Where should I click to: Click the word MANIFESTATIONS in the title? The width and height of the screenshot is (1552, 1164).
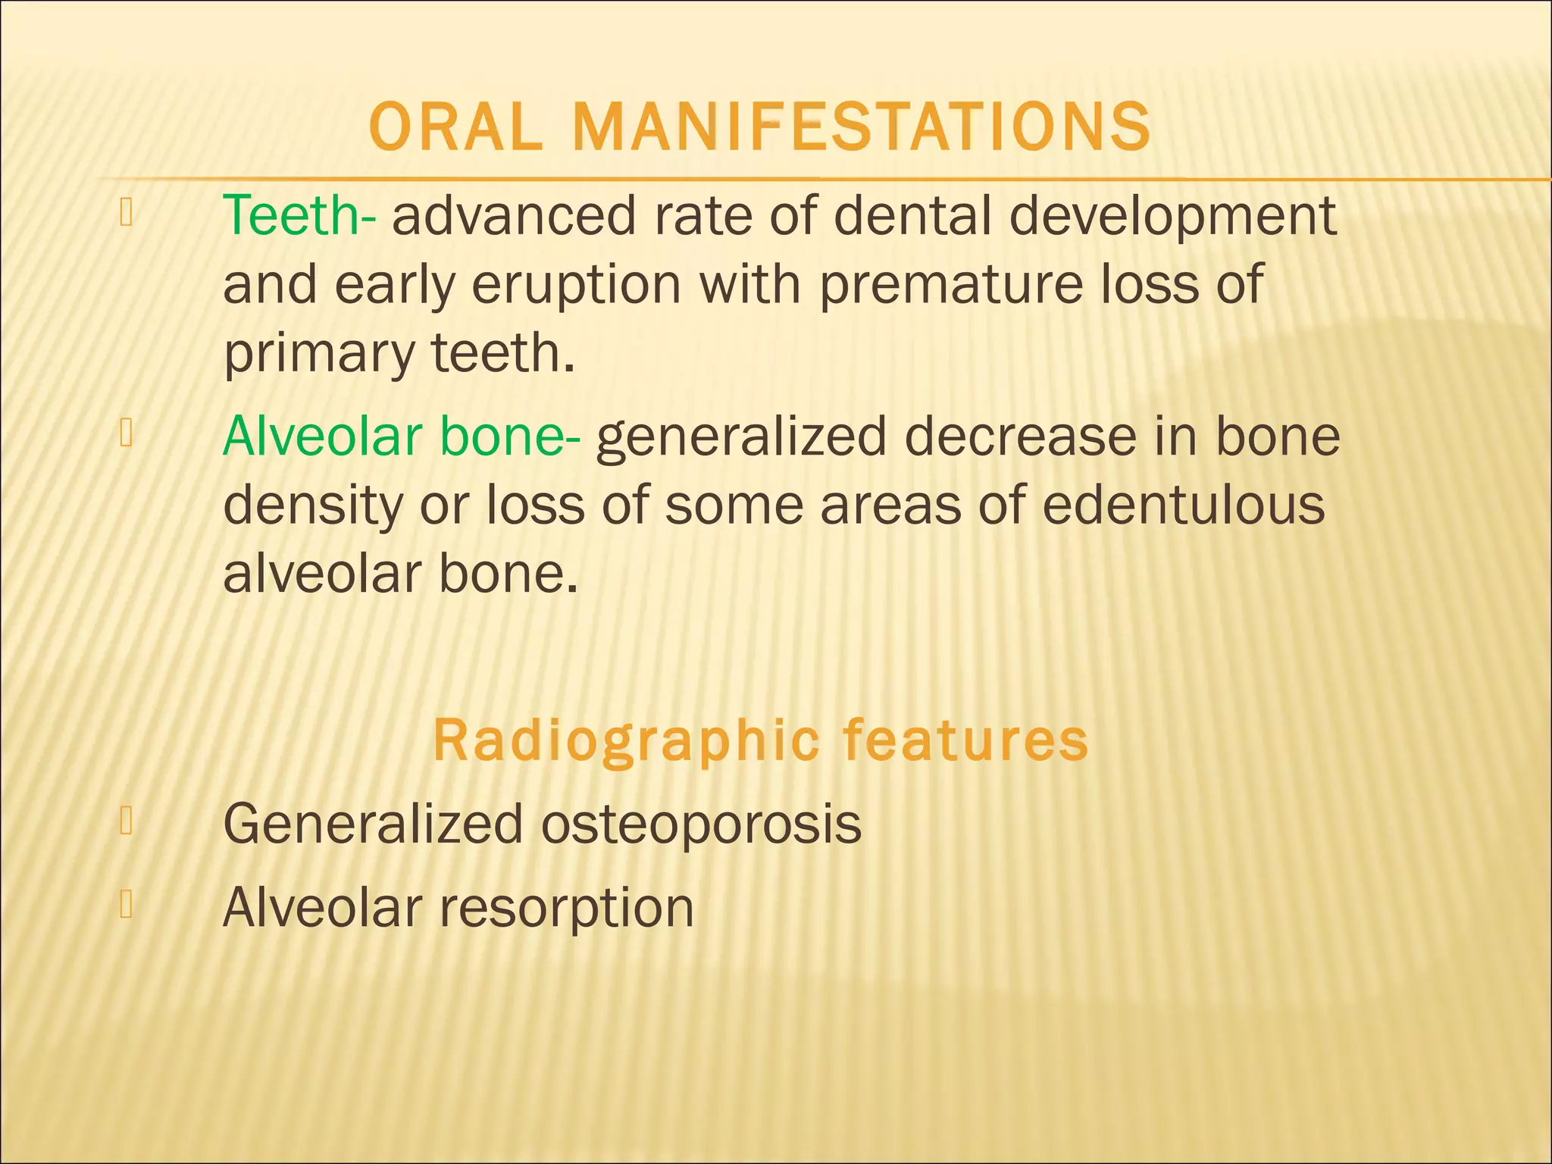(862, 127)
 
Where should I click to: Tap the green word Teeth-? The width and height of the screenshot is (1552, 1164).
(299, 216)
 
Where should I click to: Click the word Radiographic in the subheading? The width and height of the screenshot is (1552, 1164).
(626, 742)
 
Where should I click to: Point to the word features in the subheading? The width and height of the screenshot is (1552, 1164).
(965, 740)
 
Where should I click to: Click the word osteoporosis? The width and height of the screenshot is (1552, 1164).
(701, 824)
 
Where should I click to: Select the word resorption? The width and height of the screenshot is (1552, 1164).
(567, 908)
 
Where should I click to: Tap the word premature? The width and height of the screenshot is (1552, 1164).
(951, 285)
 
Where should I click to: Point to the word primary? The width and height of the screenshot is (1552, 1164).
(319, 355)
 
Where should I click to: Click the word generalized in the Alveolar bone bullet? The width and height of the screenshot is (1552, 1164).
(740, 439)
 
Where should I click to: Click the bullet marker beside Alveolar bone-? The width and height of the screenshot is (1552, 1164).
(127, 434)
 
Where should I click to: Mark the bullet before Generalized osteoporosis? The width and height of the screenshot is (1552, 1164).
(127, 821)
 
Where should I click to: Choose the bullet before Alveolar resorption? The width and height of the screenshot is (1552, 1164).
(127, 905)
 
